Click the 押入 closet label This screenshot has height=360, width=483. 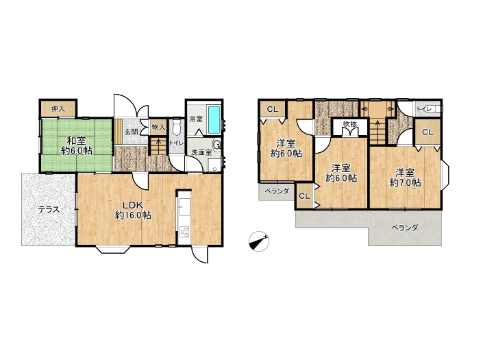tap(58, 109)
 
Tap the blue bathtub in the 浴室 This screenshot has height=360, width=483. tap(214, 119)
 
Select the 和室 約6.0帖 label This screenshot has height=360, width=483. tap(77, 146)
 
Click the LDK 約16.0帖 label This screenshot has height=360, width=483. tap(133, 211)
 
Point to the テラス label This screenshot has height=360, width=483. tap(49, 210)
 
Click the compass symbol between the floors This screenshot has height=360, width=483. tap(259, 241)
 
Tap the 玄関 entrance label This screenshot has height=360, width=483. tap(132, 132)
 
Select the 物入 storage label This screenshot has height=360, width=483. tap(159, 128)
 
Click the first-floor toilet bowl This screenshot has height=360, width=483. tap(176, 128)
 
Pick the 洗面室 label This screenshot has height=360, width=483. tap(201, 152)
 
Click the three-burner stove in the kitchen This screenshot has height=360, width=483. tap(184, 232)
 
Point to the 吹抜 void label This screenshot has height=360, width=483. tap(350, 124)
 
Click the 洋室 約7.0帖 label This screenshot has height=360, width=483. tap(405, 178)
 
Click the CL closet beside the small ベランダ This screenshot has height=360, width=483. tap(305, 196)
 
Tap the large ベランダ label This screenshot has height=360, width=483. tap(404, 228)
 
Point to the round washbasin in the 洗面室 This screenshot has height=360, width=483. tap(217, 145)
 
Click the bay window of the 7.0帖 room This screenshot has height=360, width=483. tap(445, 177)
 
